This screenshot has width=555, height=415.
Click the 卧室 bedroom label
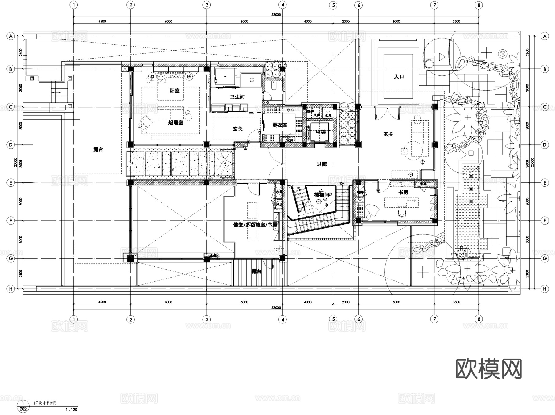click(x=175, y=91)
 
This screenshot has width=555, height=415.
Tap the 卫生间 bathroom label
click(x=237, y=97)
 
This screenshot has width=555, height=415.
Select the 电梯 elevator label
click(x=321, y=132)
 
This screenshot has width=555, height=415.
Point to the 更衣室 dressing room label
click(x=280, y=125)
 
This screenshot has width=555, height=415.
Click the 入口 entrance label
click(x=399, y=76)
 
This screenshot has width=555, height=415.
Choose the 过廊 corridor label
click(x=322, y=164)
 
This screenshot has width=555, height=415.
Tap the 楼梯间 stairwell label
click(x=322, y=195)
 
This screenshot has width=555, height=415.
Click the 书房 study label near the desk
click(x=403, y=192)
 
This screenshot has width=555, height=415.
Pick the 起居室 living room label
click(x=175, y=123)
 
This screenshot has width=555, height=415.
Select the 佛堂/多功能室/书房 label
click(x=255, y=225)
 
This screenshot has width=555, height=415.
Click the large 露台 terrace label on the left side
click(x=98, y=149)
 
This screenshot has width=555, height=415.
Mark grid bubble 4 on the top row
click(x=283, y=5)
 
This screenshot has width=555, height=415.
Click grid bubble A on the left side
click(x=11, y=36)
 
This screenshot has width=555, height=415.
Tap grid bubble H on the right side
click(x=545, y=289)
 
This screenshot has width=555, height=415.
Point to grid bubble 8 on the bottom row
click(x=479, y=319)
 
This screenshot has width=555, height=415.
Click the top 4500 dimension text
click(x=102, y=21)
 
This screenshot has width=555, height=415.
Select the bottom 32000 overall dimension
click(x=276, y=307)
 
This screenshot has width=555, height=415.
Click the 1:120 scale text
click(x=72, y=410)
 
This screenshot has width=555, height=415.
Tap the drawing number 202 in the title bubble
click(x=23, y=409)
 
